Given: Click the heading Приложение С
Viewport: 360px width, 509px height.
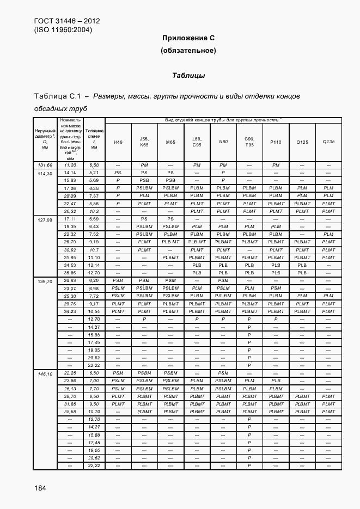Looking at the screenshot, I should point(188,38).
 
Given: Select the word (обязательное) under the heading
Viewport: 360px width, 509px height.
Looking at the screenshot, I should point(188,51).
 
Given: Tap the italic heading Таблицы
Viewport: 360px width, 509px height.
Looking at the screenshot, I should point(188,75).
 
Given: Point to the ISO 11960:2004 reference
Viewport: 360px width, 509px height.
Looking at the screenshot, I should point(63,30).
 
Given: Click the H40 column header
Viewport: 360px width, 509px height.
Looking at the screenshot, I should point(118,142).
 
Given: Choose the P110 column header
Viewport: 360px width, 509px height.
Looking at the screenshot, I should point(276,142).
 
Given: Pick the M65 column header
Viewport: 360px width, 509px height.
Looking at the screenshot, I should point(170,142).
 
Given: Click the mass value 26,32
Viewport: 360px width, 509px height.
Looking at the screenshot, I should point(69,211).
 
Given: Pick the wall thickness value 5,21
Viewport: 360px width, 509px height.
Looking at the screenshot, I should point(94,173).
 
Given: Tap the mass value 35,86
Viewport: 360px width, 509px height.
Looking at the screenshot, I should point(69,273).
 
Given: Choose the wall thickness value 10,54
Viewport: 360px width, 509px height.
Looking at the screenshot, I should point(94,311).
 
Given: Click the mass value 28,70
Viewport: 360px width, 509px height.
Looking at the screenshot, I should point(69,396).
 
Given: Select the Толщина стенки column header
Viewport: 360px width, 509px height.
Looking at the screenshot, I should point(94,139).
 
